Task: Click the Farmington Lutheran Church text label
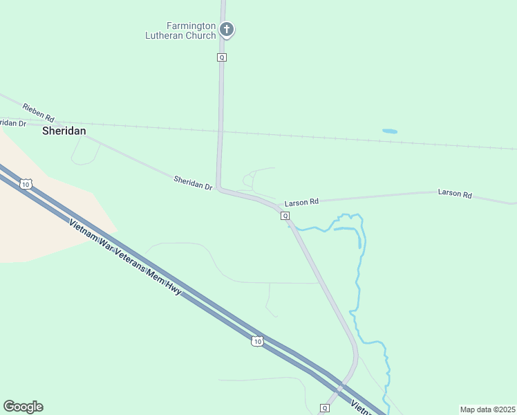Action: (181, 31)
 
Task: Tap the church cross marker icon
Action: (227, 30)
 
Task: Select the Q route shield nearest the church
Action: (222, 57)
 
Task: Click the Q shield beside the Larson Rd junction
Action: (285, 216)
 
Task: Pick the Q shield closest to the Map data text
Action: (325, 407)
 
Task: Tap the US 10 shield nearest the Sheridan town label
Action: (26, 183)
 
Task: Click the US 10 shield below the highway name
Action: (257, 341)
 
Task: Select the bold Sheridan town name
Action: (64, 130)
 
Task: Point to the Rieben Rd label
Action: (38, 113)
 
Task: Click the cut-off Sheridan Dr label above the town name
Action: (13, 122)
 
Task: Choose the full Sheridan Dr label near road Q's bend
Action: (193, 183)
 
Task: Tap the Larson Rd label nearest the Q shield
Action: (301, 202)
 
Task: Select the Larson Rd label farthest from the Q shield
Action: (455, 193)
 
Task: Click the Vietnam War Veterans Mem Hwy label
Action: (125, 257)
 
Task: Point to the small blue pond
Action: (390, 131)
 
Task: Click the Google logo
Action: (23, 407)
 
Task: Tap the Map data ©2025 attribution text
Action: (487, 409)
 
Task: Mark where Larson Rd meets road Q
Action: (280, 205)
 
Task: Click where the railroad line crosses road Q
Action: (220, 129)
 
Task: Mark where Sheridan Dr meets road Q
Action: (218, 187)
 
